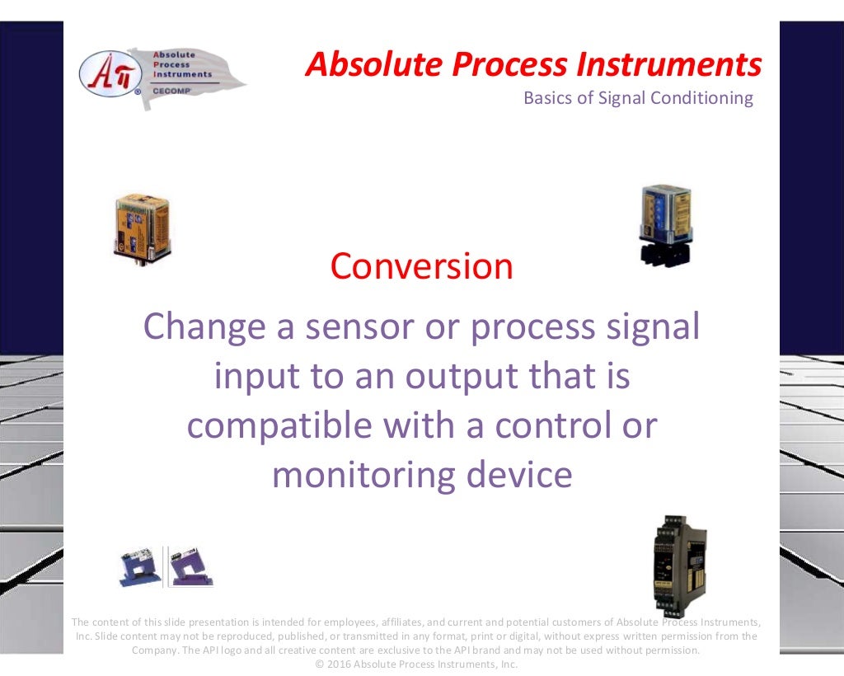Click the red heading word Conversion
click(421, 266)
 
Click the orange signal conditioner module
click(141, 227)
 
